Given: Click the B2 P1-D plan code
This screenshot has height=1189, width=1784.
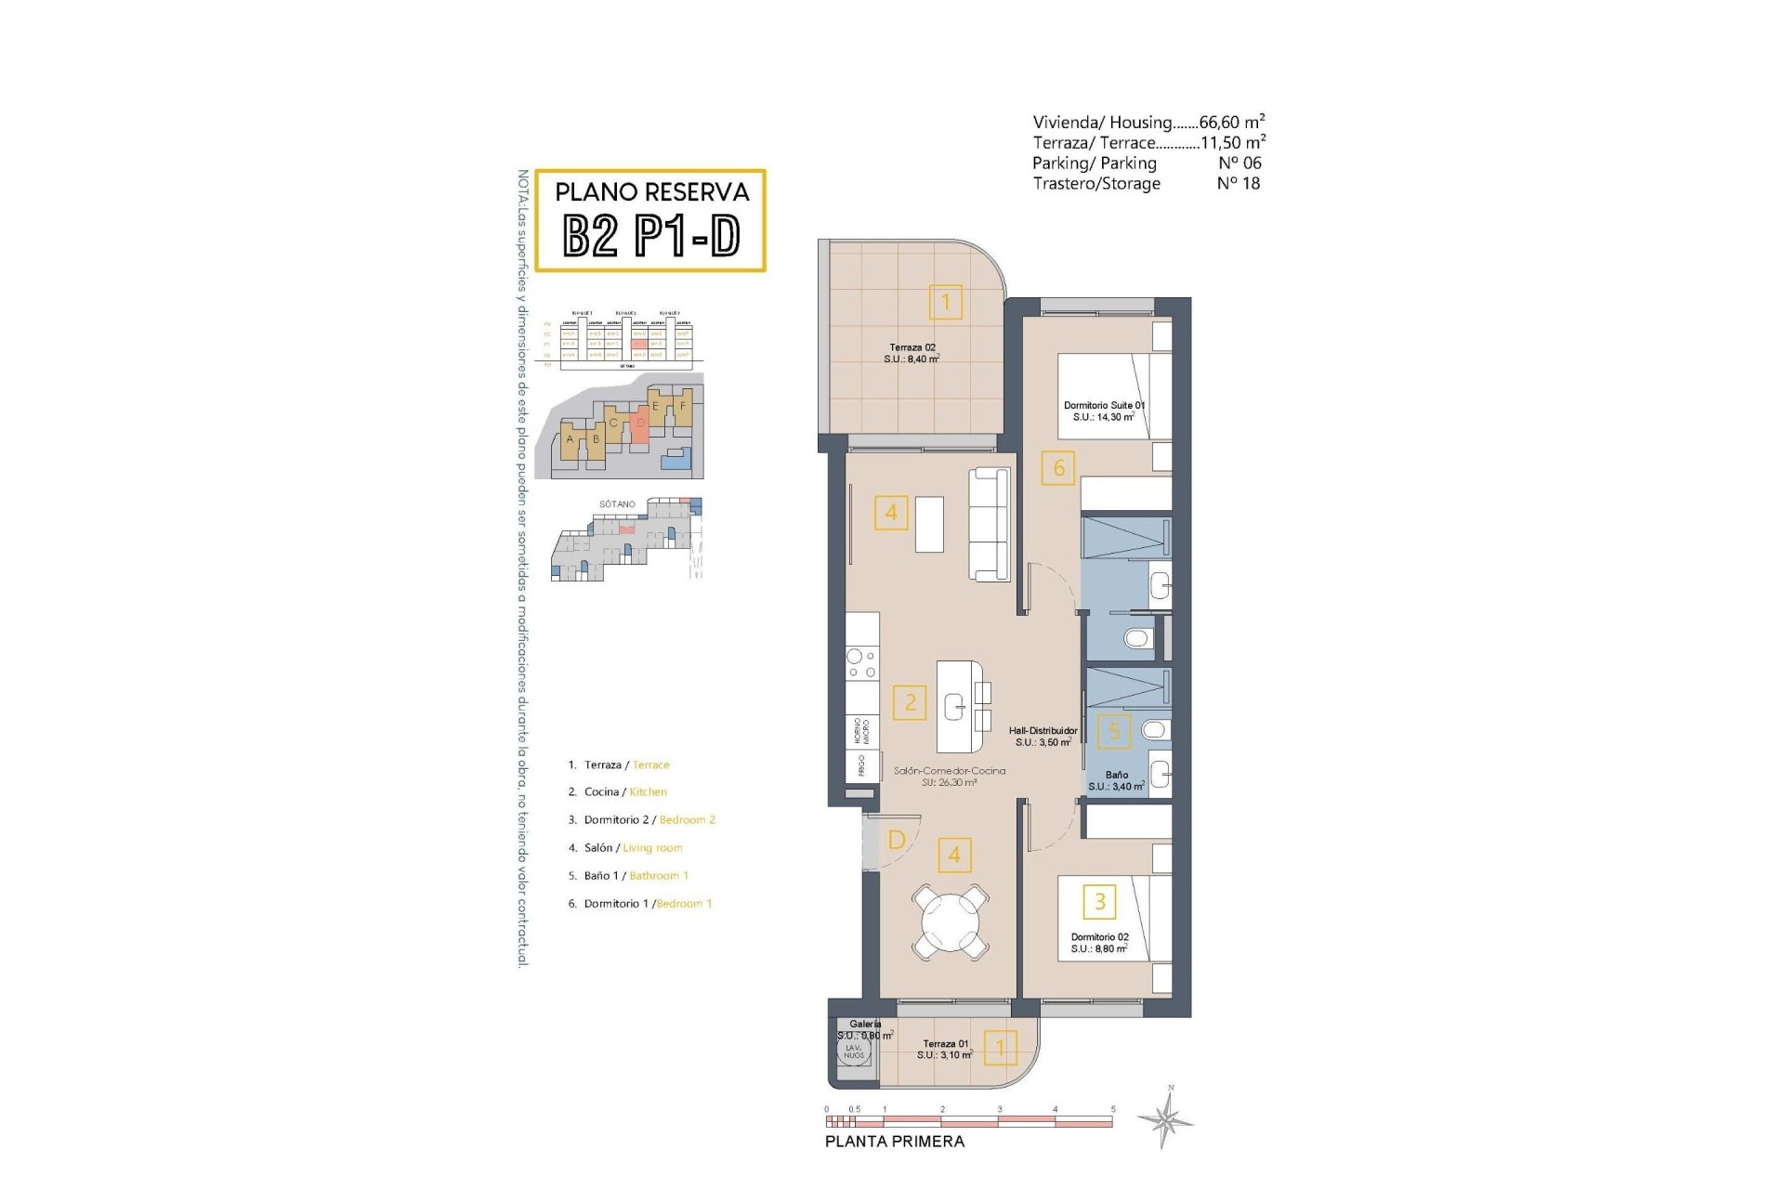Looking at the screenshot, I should [x=651, y=237].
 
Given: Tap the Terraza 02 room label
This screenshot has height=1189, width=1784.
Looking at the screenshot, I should [x=911, y=353].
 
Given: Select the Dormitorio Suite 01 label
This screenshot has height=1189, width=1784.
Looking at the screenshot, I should [x=1104, y=412].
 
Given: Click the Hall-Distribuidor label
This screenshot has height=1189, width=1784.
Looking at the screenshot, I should [x=1043, y=737].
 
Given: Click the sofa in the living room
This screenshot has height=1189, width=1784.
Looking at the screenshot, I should [x=989, y=525].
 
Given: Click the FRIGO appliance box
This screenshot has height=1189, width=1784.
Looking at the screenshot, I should [x=860, y=766].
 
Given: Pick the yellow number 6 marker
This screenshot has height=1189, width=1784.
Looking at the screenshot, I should [x=1058, y=467].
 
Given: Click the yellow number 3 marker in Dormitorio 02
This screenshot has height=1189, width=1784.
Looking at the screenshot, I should [x=1100, y=901].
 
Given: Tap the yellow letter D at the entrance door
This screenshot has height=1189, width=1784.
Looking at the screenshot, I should [x=897, y=841].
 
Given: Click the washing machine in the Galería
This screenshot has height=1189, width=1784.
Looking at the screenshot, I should [x=853, y=1052].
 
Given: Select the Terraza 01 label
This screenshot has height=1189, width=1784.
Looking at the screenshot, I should [x=946, y=1050].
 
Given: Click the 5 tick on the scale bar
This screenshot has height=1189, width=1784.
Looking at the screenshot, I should [x=1112, y=1110].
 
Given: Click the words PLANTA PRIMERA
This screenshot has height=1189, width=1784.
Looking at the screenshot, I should [x=895, y=1142].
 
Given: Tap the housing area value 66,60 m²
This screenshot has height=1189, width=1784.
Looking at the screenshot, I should [x=1232, y=122].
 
